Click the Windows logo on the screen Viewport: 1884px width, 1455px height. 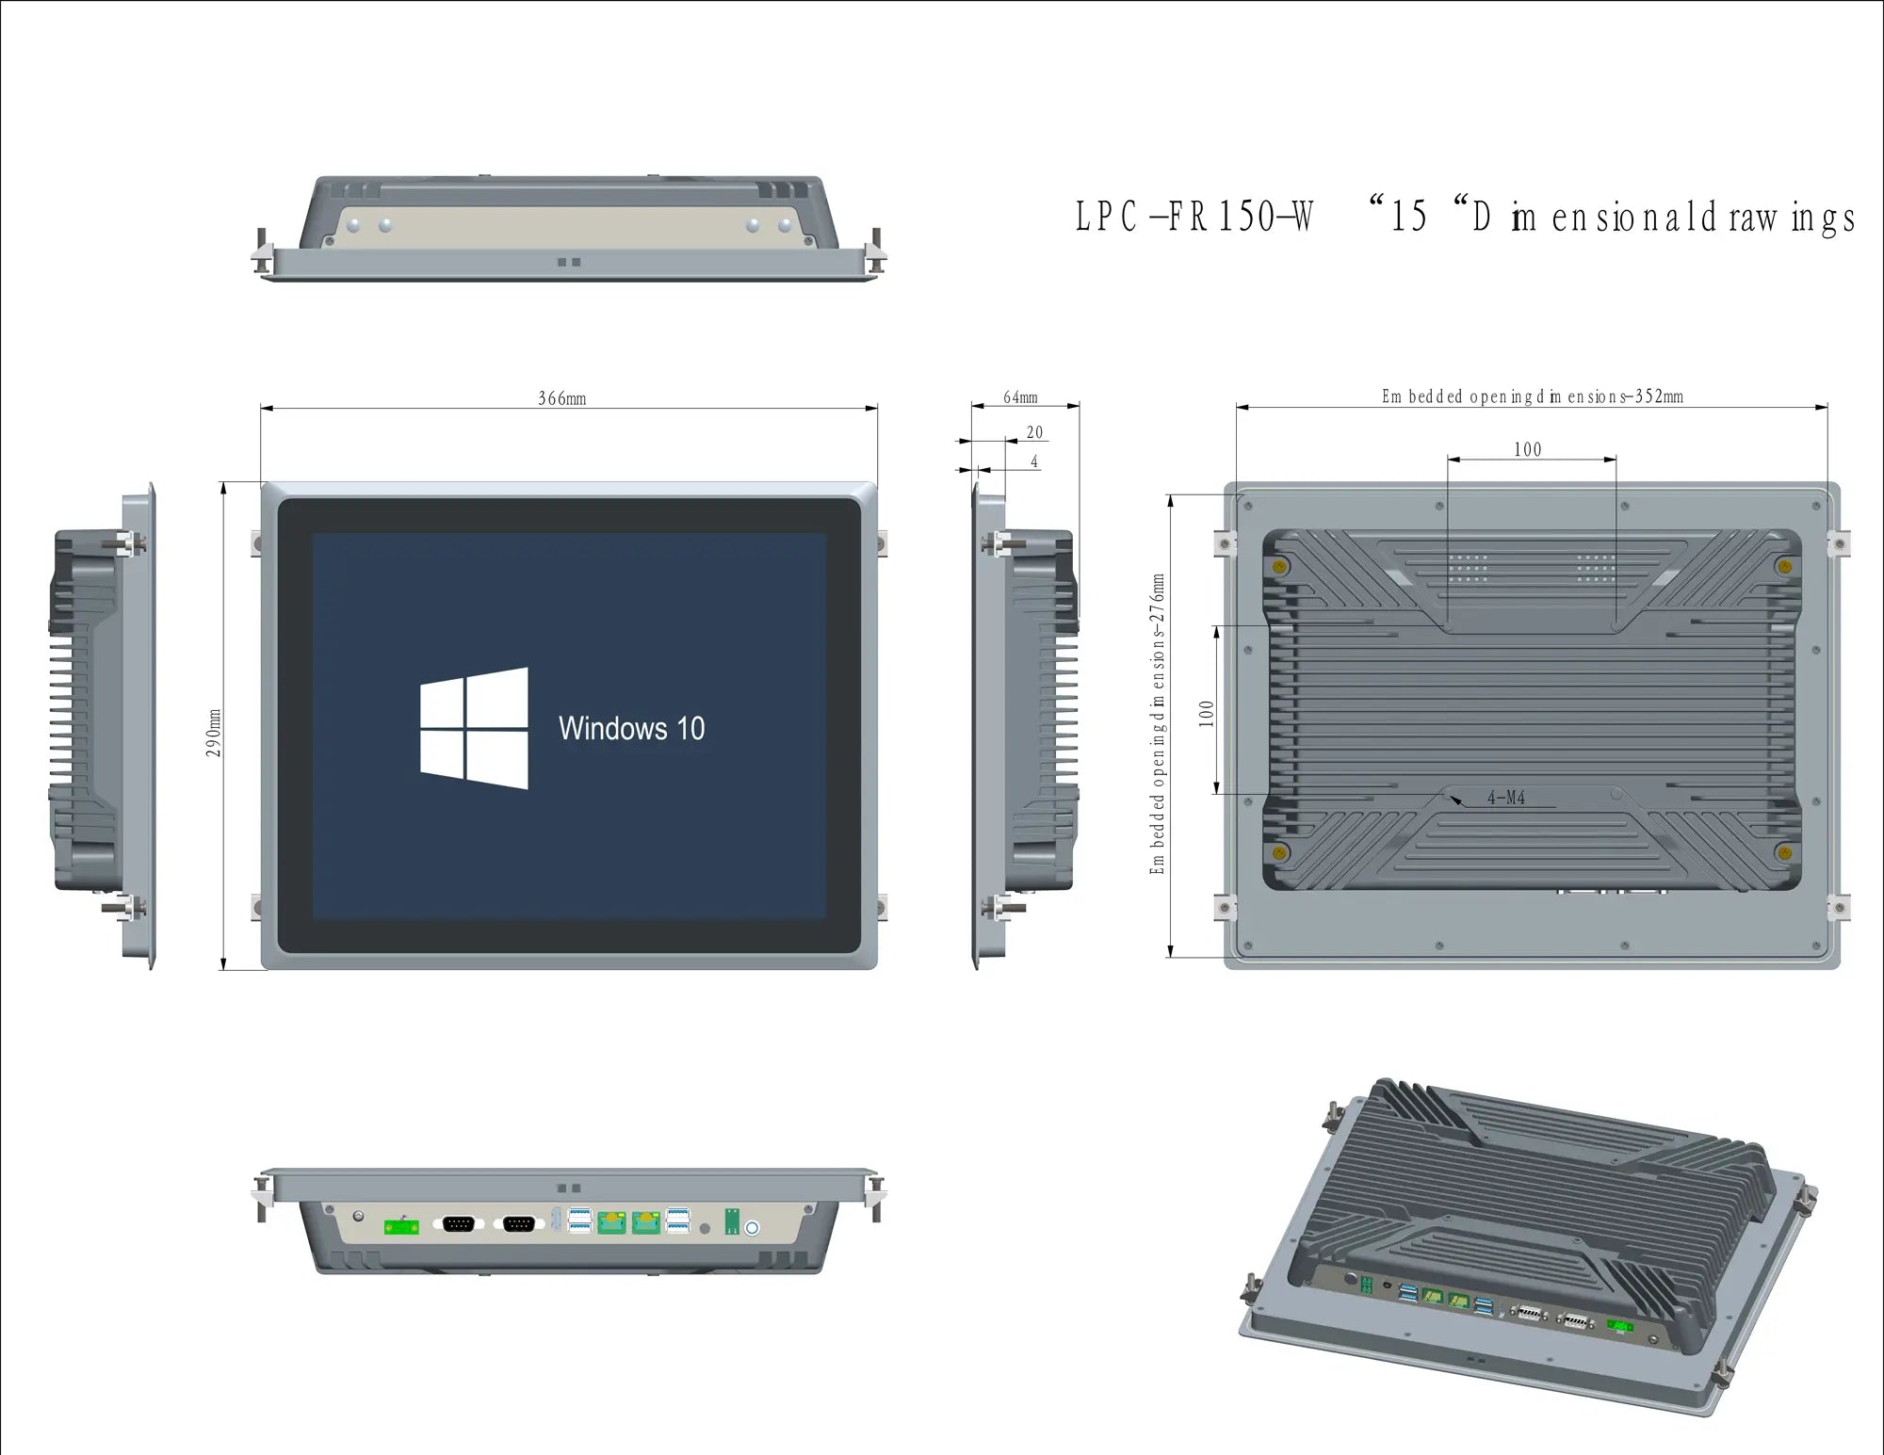474,728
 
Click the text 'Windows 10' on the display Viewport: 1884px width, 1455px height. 631,729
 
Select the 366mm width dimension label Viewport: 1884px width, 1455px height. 562,398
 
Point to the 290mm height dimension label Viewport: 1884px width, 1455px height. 215,733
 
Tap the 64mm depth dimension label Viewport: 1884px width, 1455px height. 1020,397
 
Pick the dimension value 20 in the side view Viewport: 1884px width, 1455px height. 1034,432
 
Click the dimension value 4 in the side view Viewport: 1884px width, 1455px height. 1034,461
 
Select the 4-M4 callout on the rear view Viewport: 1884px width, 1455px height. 1505,798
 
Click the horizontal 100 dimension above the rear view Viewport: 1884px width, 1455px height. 1528,449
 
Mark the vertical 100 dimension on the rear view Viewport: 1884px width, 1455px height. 1207,713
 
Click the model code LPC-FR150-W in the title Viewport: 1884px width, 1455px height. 1194,217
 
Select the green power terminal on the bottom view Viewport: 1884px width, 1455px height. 401,1226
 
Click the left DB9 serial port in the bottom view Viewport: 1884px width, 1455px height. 459,1223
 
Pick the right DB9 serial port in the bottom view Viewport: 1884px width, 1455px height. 519,1223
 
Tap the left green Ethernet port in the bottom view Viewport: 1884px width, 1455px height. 611,1222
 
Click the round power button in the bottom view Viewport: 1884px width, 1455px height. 752,1227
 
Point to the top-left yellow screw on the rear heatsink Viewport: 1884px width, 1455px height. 1279,566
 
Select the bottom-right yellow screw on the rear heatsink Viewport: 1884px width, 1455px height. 1782,853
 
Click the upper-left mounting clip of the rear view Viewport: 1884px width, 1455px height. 1224,543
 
